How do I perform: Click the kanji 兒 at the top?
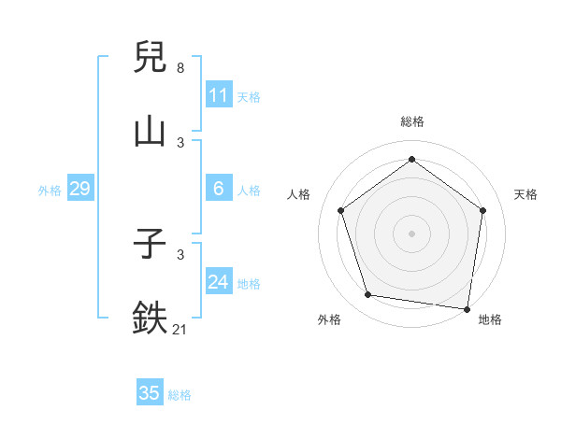pyautogui.click(x=151, y=58)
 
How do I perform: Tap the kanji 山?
pyautogui.click(x=151, y=130)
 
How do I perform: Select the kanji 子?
pyautogui.click(x=151, y=245)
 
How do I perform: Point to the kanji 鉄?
pyautogui.click(x=151, y=317)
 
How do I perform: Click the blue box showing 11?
pyautogui.click(x=218, y=95)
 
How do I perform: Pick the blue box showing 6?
pyautogui.click(x=218, y=189)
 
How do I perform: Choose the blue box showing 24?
pyautogui.click(x=218, y=282)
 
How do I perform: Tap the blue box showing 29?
pyautogui.click(x=79, y=189)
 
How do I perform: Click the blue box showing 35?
pyautogui.click(x=150, y=393)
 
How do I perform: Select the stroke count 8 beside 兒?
pyautogui.click(x=180, y=68)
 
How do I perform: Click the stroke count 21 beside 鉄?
pyautogui.click(x=180, y=328)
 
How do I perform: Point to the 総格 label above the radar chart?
pyautogui.click(x=412, y=121)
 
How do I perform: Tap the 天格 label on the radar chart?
pyautogui.click(x=525, y=194)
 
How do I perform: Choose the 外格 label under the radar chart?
pyautogui.click(x=329, y=319)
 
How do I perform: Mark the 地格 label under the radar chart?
pyautogui.click(x=490, y=319)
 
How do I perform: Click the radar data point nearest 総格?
pyautogui.click(x=412, y=160)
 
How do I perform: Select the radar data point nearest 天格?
pyautogui.click(x=483, y=210)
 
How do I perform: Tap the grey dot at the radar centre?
pyautogui.click(x=412, y=233)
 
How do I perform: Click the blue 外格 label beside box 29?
pyautogui.click(x=50, y=191)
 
